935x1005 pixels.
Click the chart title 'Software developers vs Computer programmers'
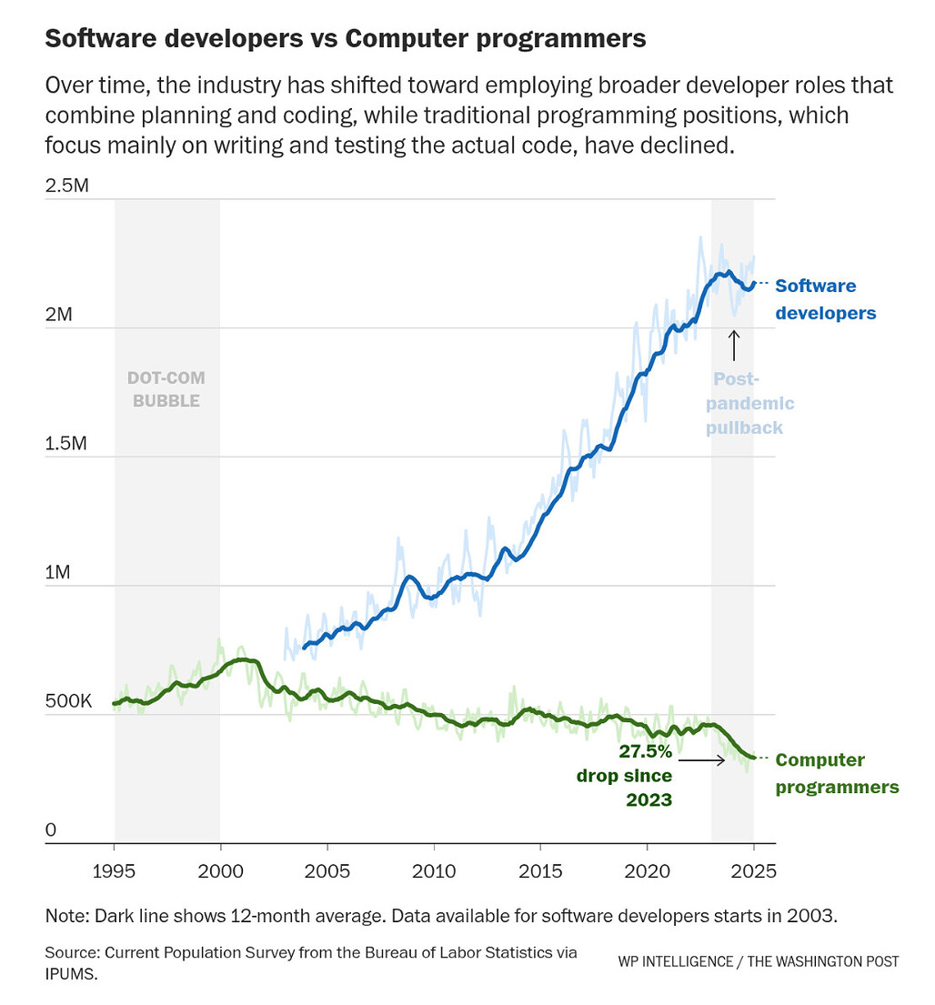tap(346, 38)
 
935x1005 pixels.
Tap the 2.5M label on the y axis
tap(66, 186)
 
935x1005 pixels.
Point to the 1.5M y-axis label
tap(65, 443)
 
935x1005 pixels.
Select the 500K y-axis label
tap(68, 700)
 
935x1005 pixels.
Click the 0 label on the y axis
tap(51, 829)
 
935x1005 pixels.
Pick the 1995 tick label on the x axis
tap(114, 871)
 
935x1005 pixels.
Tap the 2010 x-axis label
tap(434, 871)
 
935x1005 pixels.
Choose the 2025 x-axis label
tap(754, 871)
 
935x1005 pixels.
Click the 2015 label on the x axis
tap(540, 871)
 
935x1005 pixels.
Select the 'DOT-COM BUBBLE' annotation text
tap(166, 389)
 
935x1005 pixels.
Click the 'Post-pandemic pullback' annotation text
tap(749, 403)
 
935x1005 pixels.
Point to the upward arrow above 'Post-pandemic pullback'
tap(734, 346)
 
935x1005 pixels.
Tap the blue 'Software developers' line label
tap(826, 298)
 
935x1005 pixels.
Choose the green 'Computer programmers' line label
tap(837, 773)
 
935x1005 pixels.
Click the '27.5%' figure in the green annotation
tap(646, 750)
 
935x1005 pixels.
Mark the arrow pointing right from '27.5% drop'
tap(702, 760)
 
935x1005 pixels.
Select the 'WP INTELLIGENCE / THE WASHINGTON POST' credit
tap(759, 961)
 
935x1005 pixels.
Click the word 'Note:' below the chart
tap(67, 915)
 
